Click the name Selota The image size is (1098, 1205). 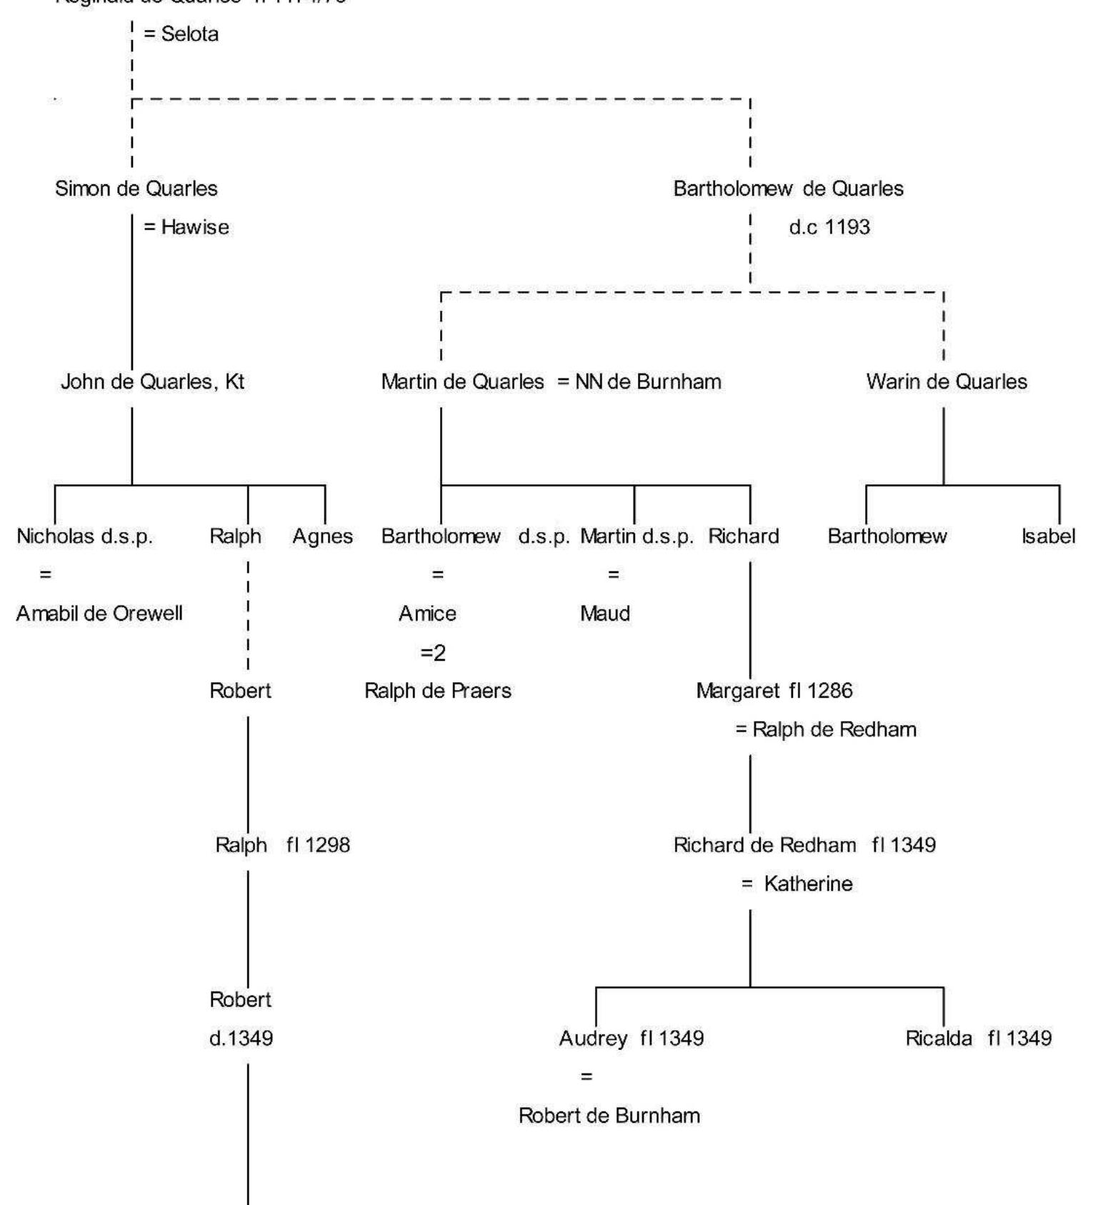tap(189, 34)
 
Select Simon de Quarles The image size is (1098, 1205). tap(136, 189)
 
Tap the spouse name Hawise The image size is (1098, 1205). tap(194, 227)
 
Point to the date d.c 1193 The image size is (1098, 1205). tap(829, 227)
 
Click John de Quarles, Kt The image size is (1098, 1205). tap(152, 381)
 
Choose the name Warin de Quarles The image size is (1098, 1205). tap(946, 381)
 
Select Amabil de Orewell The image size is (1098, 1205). tap(99, 614)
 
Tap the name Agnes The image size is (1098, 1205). tap(322, 536)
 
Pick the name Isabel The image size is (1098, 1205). tap(1048, 536)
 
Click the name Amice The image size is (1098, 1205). tap(427, 614)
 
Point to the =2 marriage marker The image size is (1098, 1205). tap(433, 653)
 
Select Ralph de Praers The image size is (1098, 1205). tap(438, 691)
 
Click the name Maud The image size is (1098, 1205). tap(604, 614)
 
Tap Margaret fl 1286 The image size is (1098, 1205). tap(774, 691)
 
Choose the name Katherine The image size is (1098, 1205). tap(808, 884)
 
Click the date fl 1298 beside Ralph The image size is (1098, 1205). tap(318, 845)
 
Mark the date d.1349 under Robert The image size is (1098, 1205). tap(241, 1038)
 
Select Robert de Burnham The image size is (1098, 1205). tap(609, 1116)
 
